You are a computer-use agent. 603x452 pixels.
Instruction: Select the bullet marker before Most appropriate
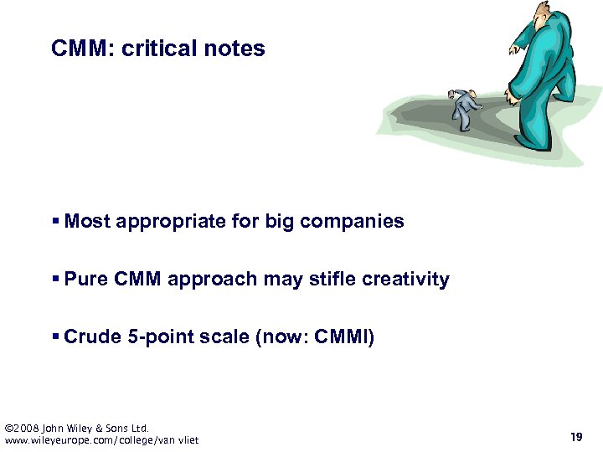(x=55, y=222)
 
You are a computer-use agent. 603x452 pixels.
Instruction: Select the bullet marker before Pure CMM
(x=55, y=280)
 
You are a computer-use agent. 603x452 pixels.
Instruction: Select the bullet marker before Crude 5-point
(x=55, y=337)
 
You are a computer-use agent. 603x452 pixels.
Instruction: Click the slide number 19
(x=575, y=437)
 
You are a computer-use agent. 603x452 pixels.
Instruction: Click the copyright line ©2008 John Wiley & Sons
(x=77, y=428)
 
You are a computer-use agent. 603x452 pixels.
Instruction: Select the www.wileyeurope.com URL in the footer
(x=101, y=440)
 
